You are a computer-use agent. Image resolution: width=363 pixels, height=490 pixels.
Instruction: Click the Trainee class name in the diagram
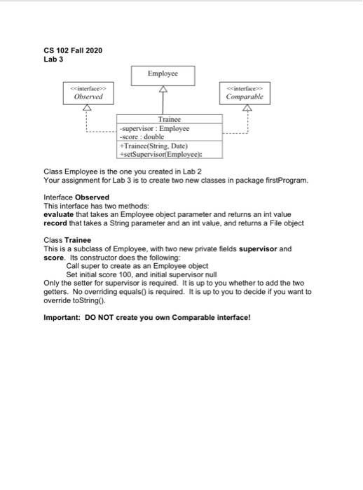click(x=170, y=120)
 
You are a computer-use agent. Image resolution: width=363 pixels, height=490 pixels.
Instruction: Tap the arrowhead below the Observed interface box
click(x=88, y=108)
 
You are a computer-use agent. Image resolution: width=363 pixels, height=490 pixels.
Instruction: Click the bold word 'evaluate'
click(x=62, y=215)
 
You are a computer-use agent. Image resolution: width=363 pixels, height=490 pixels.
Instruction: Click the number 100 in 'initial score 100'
click(x=130, y=274)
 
